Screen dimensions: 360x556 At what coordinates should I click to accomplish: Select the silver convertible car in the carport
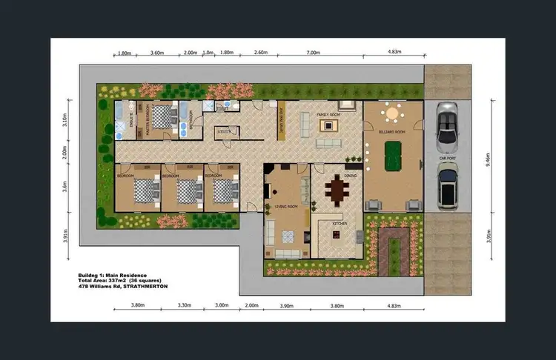click(x=448, y=125)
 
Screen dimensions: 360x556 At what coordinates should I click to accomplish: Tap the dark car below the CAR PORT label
click(x=449, y=187)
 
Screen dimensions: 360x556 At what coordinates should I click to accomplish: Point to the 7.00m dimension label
click(x=314, y=53)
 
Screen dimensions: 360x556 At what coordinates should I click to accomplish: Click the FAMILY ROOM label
click(x=328, y=116)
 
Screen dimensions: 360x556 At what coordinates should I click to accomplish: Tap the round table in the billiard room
click(x=392, y=114)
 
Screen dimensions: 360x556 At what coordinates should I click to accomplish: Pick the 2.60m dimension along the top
click(x=260, y=53)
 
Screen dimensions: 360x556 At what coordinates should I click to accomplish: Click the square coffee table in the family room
click(x=326, y=124)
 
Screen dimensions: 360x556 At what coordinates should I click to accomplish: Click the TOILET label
click(x=221, y=107)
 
